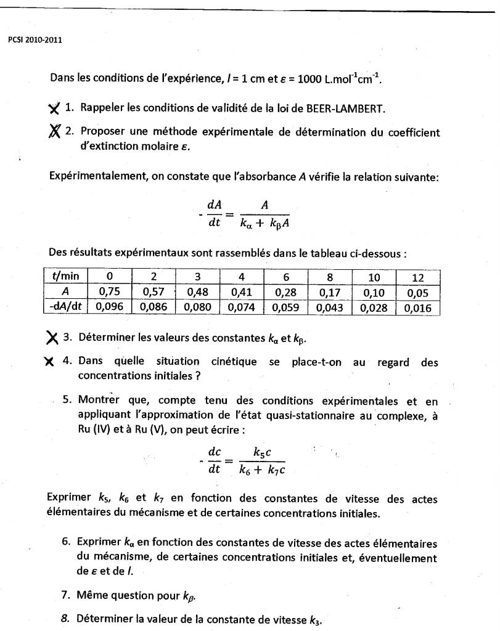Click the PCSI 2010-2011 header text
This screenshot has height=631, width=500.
[35, 41]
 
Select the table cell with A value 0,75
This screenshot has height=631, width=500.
[109, 291]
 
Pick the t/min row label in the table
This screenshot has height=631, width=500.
[65, 276]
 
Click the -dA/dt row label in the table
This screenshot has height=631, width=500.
[65, 307]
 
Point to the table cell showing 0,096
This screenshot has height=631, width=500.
[109, 307]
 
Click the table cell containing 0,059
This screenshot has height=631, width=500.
[286, 307]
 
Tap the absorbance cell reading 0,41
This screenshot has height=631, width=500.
[242, 291]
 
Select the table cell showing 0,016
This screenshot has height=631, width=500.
[417, 307]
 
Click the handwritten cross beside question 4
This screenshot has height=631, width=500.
[51, 362]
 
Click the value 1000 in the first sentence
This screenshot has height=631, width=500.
[311, 79]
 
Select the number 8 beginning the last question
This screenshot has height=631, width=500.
[65, 618]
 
